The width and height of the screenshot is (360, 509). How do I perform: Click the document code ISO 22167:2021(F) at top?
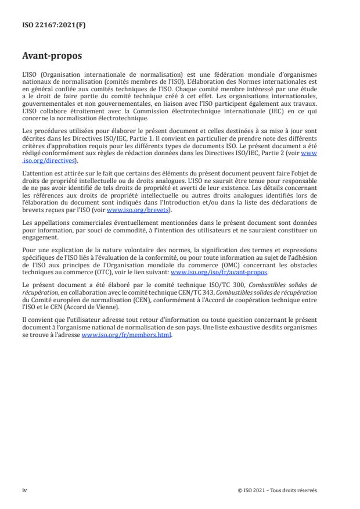pos(49,24)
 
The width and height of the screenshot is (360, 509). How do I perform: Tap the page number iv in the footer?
pos(24,490)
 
